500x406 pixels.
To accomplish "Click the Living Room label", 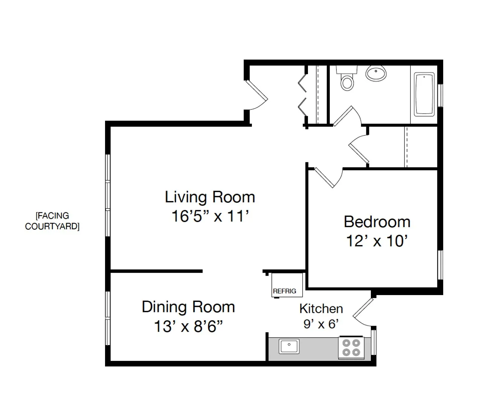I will tap(210, 197).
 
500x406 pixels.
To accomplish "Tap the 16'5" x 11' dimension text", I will tap(210, 217).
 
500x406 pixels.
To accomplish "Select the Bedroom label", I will tap(377, 222).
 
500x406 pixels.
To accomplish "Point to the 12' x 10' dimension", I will tap(377, 241).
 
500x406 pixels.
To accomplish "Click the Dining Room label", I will tap(188, 307).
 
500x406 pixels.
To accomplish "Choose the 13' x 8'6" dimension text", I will tap(188, 327).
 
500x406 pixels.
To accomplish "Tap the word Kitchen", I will tap(321, 309).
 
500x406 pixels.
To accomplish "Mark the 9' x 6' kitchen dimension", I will tap(321, 324).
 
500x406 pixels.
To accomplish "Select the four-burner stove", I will tap(350, 347).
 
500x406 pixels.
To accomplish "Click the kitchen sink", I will tap(289, 346).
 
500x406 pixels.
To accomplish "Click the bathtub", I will tap(424, 94).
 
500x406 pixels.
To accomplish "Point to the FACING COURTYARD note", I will tap(52, 221).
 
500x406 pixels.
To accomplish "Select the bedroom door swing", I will tap(327, 178).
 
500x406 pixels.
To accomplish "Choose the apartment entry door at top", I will tap(257, 93).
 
